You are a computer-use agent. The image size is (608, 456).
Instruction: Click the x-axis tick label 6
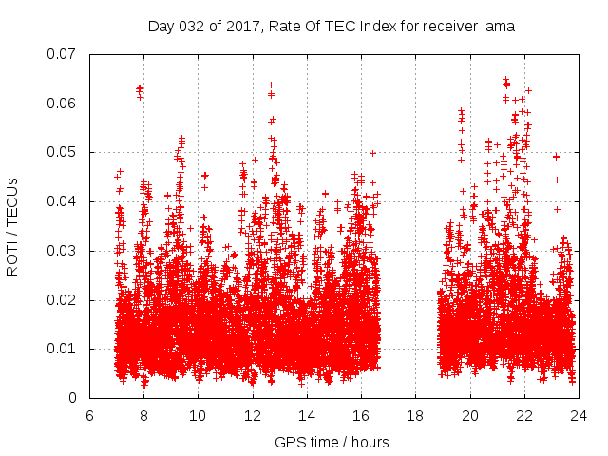point(89,415)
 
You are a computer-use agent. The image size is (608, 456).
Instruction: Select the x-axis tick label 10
point(198,415)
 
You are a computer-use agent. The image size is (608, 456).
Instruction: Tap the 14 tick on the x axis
point(307,415)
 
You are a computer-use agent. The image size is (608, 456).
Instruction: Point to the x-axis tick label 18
point(415,415)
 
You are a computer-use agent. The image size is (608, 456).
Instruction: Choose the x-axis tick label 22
point(523,415)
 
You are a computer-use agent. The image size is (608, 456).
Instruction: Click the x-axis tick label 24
point(578,415)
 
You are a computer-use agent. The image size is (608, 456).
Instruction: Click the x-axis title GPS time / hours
point(332,442)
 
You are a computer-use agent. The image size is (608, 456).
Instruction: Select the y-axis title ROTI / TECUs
point(13,227)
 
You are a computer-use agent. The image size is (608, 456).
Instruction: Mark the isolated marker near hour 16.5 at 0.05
point(372,152)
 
